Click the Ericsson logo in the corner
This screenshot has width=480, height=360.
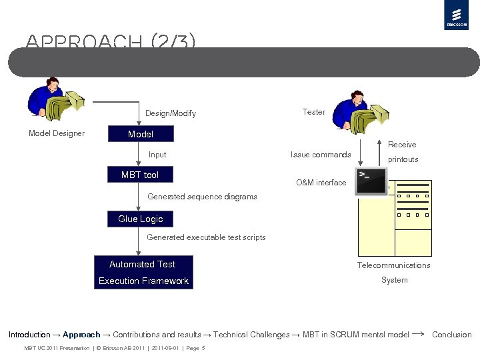pyautogui.click(x=456, y=15)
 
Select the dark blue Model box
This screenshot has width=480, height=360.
pyautogui.click(x=141, y=134)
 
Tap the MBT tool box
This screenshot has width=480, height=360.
pyautogui.click(x=140, y=175)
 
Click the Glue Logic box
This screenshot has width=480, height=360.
pyautogui.click(x=140, y=219)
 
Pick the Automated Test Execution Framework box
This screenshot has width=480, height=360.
pyautogui.click(x=143, y=272)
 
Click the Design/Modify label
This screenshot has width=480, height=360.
pyautogui.click(x=171, y=113)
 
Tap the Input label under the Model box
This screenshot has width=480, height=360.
pyautogui.click(x=157, y=155)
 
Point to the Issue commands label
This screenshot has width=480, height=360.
pyautogui.click(x=321, y=155)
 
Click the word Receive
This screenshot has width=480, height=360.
pyautogui.click(x=402, y=145)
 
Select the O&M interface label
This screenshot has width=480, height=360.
pyautogui.click(x=321, y=183)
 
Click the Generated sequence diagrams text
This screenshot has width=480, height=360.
pyautogui.click(x=202, y=197)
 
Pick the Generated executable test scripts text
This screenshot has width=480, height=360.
pyautogui.click(x=206, y=237)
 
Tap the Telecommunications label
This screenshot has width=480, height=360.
pyautogui.click(x=393, y=265)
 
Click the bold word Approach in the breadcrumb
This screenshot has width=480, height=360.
pyautogui.click(x=81, y=335)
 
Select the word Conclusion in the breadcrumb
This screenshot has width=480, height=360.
pyautogui.click(x=451, y=335)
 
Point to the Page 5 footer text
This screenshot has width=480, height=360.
pyautogui.click(x=195, y=348)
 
